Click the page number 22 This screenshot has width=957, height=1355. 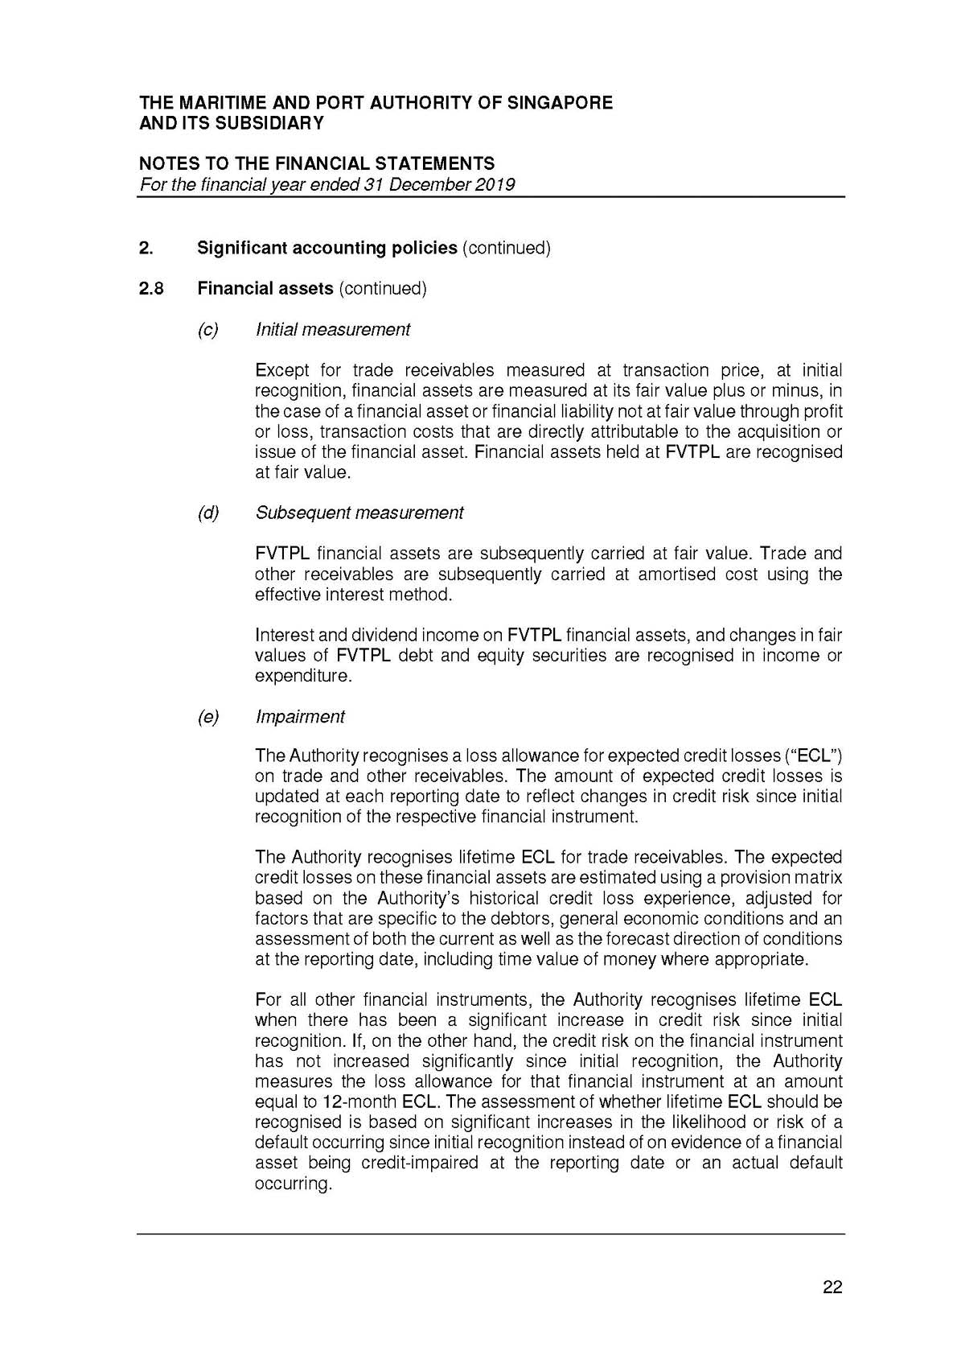tap(832, 1287)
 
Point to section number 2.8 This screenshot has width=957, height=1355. tap(150, 288)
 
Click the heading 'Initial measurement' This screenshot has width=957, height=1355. tap(332, 329)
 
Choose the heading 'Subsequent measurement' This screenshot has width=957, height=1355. tap(359, 513)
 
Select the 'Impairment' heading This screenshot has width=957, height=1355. tap(299, 716)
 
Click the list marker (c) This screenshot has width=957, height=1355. tap(207, 329)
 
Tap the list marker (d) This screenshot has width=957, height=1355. tap(207, 513)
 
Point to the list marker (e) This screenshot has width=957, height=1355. tap(207, 716)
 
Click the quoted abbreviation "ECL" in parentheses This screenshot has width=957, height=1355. tap(814, 756)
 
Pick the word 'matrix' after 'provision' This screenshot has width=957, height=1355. tap(817, 877)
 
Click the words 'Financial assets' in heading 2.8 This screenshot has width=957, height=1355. tap(265, 288)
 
